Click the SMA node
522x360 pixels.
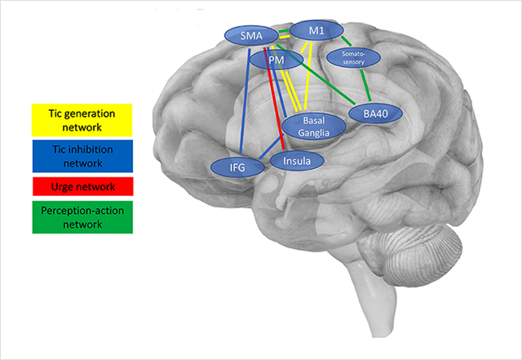pos(251,35)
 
